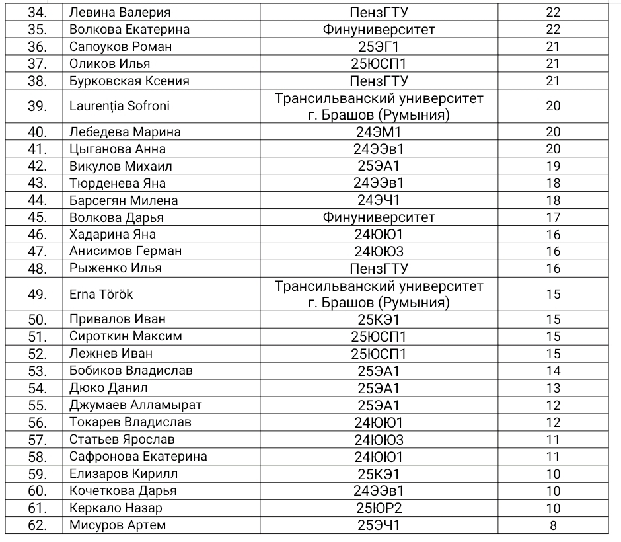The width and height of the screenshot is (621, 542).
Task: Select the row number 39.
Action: (x=34, y=106)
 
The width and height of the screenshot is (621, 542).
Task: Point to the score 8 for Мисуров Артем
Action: (x=553, y=525)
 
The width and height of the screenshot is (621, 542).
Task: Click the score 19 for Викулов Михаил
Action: (x=553, y=166)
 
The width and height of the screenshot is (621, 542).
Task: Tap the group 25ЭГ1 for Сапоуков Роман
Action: (x=379, y=47)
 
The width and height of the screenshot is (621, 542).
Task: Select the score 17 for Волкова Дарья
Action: (x=553, y=217)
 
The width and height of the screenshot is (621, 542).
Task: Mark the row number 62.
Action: (x=34, y=525)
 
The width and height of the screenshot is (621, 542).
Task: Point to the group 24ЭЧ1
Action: (x=379, y=200)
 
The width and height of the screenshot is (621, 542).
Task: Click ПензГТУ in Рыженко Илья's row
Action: (x=379, y=268)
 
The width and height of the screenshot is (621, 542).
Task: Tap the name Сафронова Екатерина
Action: (x=138, y=457)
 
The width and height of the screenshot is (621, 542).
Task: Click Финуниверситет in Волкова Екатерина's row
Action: (x=379, y=30)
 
